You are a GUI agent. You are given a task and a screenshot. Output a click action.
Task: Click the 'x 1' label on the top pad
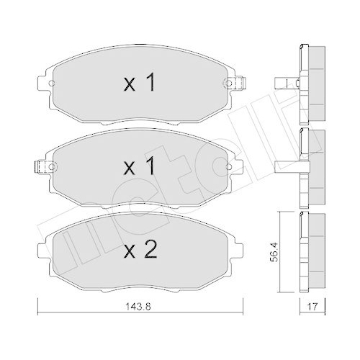(140, 84)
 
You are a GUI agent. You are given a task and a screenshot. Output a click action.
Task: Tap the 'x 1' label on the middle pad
(140, 167)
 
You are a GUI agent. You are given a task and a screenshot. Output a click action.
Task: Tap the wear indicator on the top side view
(291, 83)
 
